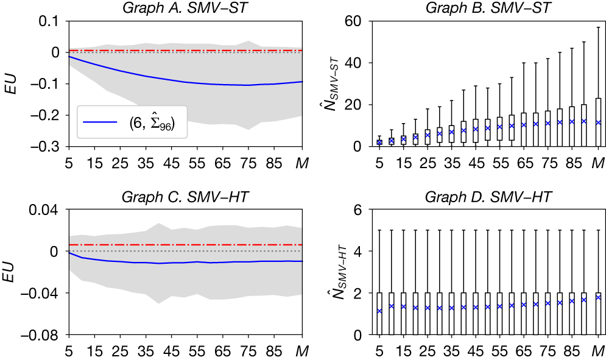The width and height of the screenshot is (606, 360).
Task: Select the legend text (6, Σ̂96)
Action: point(153,124)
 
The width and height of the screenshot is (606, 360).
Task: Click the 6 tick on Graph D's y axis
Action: point(357,210)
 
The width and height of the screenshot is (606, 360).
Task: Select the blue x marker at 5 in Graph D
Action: point(379,311)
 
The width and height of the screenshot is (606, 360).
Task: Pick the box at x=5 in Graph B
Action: point(379,143)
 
